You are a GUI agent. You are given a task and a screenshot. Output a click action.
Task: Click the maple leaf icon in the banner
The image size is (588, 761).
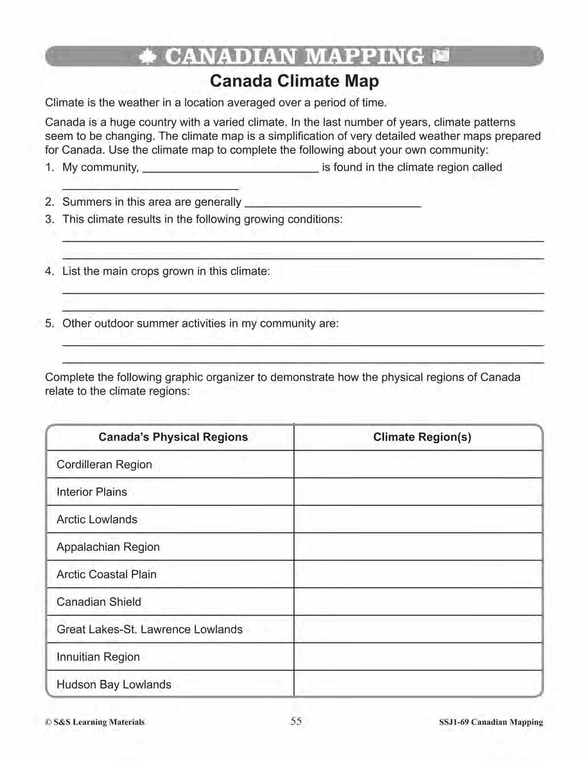(147, 57)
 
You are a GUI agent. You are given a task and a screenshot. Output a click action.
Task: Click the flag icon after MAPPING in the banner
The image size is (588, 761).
(441, 56)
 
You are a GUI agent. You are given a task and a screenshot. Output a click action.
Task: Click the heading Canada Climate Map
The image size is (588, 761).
(294, 81)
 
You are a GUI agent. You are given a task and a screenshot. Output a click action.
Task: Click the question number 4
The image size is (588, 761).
(49, 271)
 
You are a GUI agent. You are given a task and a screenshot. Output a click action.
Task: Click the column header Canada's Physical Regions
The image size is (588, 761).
(173, 437)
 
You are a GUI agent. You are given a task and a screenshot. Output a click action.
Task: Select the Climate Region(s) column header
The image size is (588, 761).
(422, 437)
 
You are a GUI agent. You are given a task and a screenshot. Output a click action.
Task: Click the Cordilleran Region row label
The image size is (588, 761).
(104, 464)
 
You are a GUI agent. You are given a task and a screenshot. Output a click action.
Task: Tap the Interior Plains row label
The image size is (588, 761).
(92, 492)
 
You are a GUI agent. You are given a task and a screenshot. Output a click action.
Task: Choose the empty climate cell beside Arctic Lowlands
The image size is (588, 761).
(418, 519)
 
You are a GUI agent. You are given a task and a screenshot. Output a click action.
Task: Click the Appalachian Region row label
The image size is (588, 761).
(108, 547)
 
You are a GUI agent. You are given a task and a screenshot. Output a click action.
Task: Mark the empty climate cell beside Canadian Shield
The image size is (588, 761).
(418, 602)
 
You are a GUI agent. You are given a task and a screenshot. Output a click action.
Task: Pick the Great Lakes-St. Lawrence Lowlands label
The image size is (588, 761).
(149, 630)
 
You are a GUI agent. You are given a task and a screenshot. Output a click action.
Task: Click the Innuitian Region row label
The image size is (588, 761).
(98, 657)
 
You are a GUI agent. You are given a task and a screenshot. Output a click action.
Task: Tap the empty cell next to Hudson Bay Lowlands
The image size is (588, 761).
(418, 684)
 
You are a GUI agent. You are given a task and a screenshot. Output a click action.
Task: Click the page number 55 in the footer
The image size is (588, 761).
(296, 721)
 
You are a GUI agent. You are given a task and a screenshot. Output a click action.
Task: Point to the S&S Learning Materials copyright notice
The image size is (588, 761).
(95, 722)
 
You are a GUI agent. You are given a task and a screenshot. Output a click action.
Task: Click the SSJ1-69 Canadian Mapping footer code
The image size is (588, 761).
(491, 722)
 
